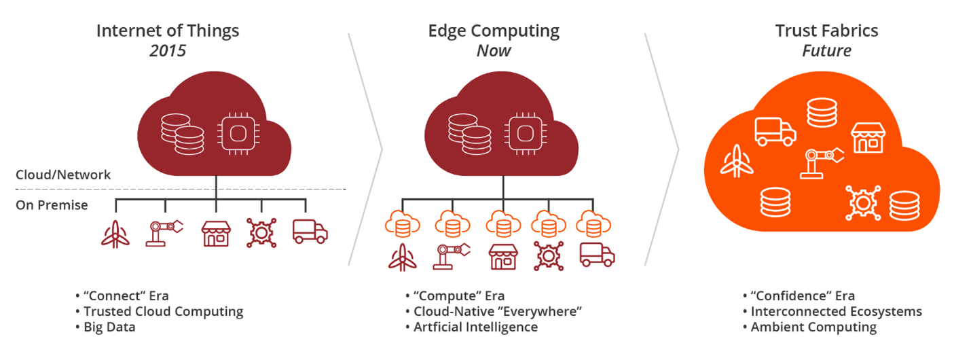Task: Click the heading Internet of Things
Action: pos(168,31)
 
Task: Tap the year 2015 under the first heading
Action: pos(168,51)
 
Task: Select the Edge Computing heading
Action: pos(494,31)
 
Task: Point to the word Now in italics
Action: pos(494,51)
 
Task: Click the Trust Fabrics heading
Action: pos(826,31)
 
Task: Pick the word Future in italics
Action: pos(826,51)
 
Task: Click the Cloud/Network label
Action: pos(63,175)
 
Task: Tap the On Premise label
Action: pos(52,204)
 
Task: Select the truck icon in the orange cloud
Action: pos(775,130)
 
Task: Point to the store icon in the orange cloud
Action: pos(868,138)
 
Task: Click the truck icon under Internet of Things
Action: pos(310,232)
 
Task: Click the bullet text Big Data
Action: pos(109,327)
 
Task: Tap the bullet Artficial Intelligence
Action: pos(475,327)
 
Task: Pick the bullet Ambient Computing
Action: pos(813,327)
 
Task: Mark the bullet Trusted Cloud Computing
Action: pos(163,311)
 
